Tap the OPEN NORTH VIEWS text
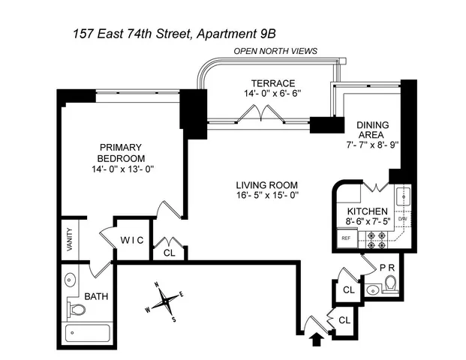[275, 51]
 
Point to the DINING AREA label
[374, 131]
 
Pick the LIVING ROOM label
[267, 185]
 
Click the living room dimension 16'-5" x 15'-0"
[267, 196]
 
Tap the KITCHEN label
[366, 211]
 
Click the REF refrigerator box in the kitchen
[346, 238]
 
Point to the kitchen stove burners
[375, 239]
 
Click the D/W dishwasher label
[402, 218]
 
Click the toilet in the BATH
[77, 308]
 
